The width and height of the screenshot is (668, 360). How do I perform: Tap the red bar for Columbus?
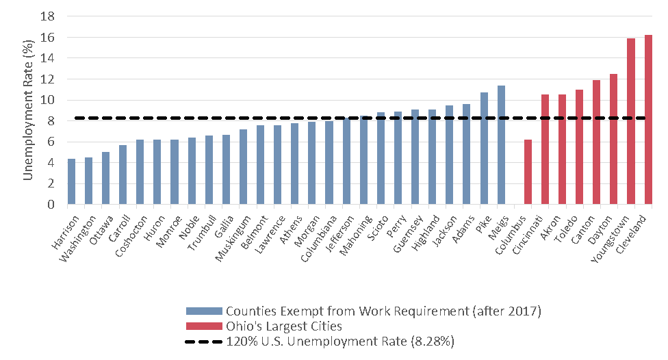click(x=528, y=172)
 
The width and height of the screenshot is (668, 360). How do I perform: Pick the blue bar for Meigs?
click(x=501, y=145)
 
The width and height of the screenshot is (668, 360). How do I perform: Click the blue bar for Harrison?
click(x=71, y=181)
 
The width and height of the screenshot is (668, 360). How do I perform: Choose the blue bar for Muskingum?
click(x=243, y=167)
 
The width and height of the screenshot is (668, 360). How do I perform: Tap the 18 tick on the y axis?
click(x=51, y=16)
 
